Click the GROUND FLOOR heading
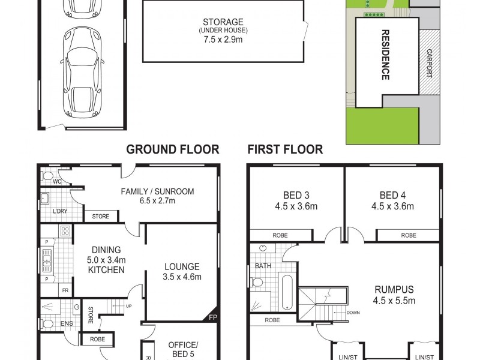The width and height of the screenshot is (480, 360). (172, 149)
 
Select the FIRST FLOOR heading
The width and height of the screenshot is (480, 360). (286, 149)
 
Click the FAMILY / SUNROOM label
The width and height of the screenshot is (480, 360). (157, 191)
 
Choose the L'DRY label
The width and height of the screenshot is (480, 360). (59, 212)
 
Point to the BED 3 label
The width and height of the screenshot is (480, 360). (296, 194)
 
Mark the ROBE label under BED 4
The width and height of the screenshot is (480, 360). (409, 236)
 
